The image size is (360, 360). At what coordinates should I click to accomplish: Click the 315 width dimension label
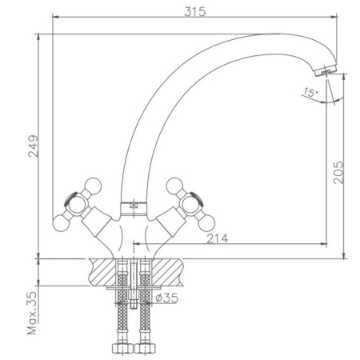tap(195, 12)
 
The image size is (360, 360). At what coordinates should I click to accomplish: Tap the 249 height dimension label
tap(34, 146)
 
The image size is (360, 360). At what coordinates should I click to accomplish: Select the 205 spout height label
tap(338, 172)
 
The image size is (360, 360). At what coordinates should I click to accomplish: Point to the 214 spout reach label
tap(218, 238)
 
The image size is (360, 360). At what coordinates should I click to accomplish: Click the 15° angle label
tap(310, 92)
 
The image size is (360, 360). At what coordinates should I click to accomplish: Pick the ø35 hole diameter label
tap(167, 298)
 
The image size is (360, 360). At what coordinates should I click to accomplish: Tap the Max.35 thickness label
tap(33, 313)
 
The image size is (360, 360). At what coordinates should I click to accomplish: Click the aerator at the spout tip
tap(326, 70)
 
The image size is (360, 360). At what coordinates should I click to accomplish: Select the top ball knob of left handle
tap(93, 186)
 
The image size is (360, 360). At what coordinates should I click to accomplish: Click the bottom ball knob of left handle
tap(61, 223)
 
